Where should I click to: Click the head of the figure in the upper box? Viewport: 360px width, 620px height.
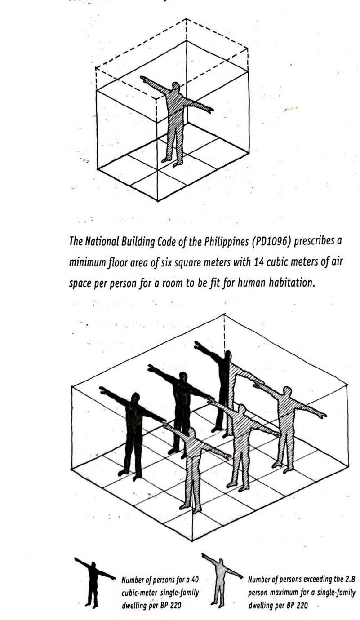click(175, 86)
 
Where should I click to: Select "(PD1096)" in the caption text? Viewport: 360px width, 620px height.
click(255, 241)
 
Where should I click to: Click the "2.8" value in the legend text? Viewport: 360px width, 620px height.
click(349, 580)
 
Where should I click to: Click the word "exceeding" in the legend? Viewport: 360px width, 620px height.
click(317, 580)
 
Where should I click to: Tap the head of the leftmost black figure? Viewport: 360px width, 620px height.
click(135, 398)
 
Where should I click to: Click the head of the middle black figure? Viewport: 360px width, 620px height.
click(183, 376)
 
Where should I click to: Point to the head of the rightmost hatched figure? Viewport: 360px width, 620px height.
click(287, 391)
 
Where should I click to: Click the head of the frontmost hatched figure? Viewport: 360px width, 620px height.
click(191, 433)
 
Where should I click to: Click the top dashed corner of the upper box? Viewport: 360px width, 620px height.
click(186, 19)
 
